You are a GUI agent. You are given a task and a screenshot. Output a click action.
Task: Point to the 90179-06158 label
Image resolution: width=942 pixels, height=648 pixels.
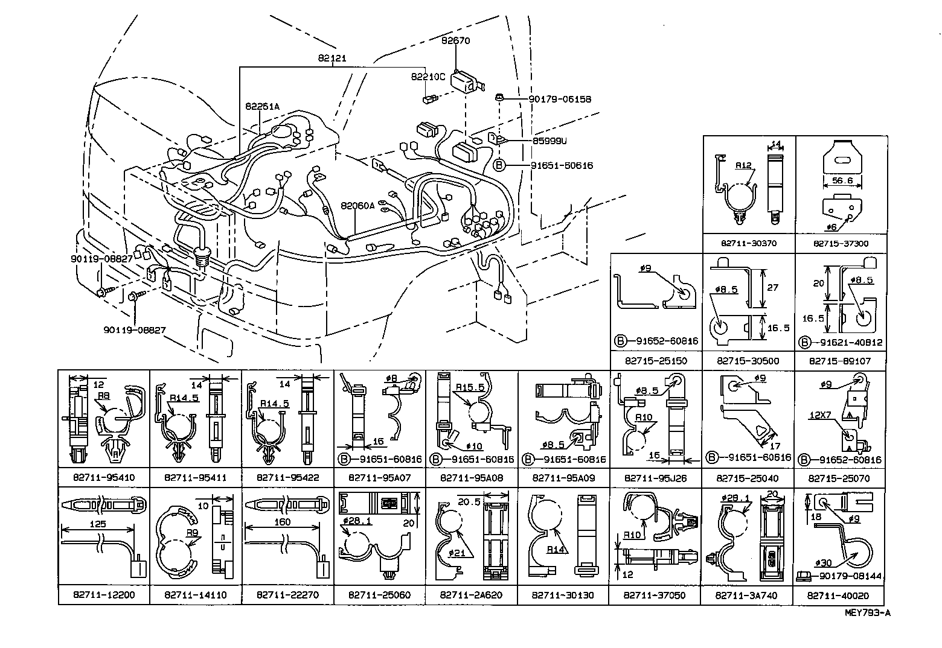pyautogui.click(x=560, y=100)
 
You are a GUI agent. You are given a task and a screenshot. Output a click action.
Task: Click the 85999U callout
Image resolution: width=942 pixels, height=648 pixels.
pyautogui.click(x=549, y=141)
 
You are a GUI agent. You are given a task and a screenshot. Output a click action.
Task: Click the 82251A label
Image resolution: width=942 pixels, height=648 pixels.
pyautogui.click(x=262, y=107)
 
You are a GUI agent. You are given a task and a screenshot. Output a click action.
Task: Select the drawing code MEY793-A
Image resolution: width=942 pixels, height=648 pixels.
pyautogui.click(x=868, y=613)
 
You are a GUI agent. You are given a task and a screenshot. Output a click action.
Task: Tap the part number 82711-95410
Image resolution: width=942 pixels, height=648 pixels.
pyautogui.click(x=104, y=478)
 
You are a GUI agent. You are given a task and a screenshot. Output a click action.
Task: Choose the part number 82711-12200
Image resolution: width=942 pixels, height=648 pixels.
pyautogui.click(x=104, y=595)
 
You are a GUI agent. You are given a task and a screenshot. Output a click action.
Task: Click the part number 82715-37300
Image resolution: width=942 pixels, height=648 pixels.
pyautogui.click(x=841, y=244)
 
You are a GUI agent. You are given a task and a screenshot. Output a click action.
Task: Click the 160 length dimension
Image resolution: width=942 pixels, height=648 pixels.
pyautogui.click(x=282, y=522)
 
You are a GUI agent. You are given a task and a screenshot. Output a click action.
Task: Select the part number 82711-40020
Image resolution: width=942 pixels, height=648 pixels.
pyautogui.click(x=838, y=595)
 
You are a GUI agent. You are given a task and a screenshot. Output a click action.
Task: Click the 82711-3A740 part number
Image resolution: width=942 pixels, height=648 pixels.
pyautogui.click(x=746, y=595)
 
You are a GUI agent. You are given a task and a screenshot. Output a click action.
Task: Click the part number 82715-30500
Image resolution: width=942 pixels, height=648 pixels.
pyautogui.click(x=748, y=361)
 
